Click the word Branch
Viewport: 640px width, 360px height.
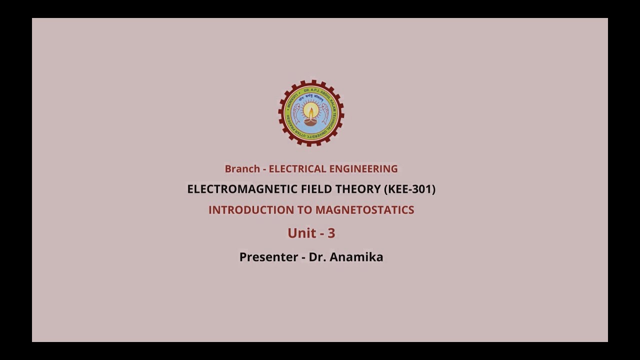(242, 169)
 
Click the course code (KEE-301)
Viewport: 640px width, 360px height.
(409, 189)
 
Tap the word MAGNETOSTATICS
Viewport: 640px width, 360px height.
(364, 210)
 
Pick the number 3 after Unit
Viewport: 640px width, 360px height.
(331, 233)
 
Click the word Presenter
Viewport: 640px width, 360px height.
(269, 257)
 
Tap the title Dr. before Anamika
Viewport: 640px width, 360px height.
(317, 257)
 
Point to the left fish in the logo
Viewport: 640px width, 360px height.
(297, 114)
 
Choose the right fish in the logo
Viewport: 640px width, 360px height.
(325, 114)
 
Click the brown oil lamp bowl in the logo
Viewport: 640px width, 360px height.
(311, 121)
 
